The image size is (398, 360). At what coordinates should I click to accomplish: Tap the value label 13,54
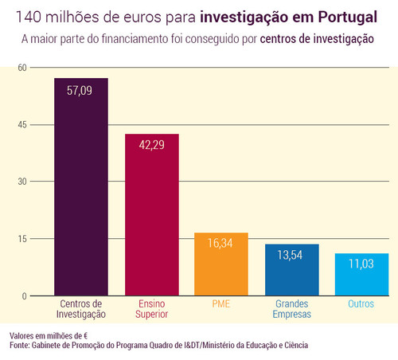(291, 257)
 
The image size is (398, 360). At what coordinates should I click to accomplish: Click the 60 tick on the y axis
(22, 68)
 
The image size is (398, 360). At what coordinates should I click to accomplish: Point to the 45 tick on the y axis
(22, 125)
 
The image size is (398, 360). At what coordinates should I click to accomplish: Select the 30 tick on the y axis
(22, 182)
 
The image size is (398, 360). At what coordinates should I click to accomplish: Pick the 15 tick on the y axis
(22, 239)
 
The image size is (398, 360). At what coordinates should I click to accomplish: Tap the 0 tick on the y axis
(25, 296)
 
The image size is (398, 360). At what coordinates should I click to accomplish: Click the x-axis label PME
(221, 304)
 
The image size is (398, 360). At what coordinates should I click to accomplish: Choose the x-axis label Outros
(361, 304)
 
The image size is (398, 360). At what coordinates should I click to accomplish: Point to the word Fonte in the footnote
(20, 346)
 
